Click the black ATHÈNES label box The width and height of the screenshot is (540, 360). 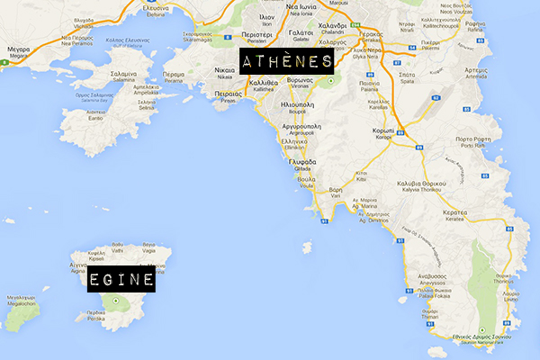(285, 62)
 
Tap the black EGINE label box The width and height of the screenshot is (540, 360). (121, 280)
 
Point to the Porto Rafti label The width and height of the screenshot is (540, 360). (477, 141)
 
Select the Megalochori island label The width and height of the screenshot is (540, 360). (20, 301)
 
